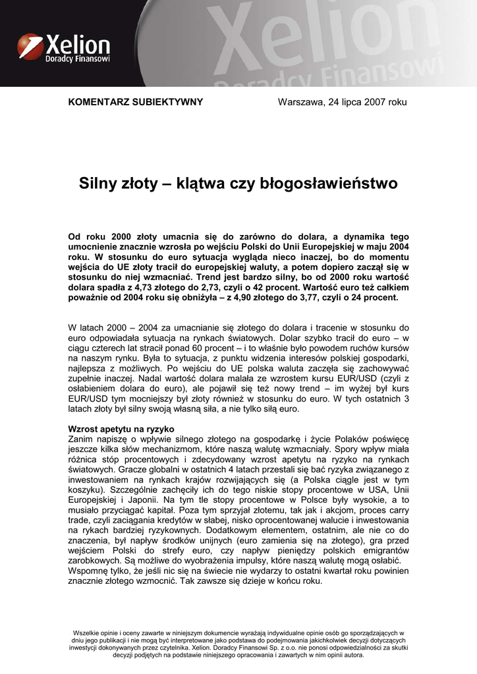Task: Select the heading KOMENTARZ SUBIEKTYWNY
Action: (136, 102)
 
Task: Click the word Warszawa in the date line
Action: (300, 102)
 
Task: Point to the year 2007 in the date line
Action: (377, 102)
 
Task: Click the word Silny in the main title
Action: (98, 183)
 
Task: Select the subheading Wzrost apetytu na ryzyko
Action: (121, 428)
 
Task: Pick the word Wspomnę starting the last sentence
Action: (89, 571)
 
